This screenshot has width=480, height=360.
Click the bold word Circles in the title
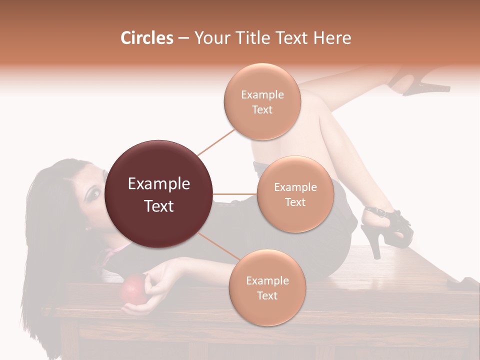(146, 38)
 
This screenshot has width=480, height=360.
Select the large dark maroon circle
(159, 194)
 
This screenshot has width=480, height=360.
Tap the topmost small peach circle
(262, 102)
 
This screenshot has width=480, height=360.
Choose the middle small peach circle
(295, 194)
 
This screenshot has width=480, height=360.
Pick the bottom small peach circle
(267, 288)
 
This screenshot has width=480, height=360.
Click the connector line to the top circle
(216, 142)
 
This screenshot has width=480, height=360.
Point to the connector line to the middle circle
(235, 194)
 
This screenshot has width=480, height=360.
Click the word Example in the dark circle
(159, 184)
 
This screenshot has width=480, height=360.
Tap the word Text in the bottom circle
(267, 295)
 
